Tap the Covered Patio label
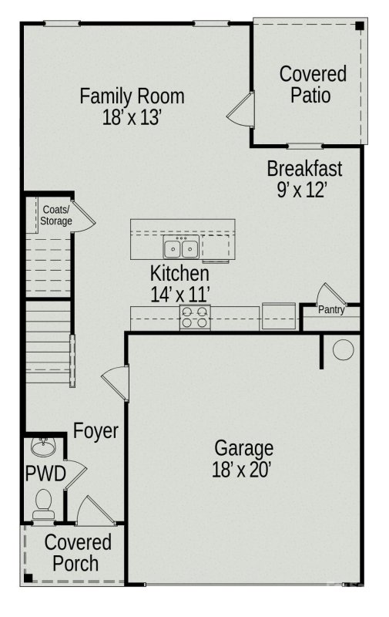312,85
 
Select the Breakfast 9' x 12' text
304,178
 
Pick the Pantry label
332,310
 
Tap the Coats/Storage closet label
56,215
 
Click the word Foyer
96,430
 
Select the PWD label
45,473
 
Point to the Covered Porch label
76,552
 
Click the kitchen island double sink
182,249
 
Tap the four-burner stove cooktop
196,317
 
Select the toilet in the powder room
43,501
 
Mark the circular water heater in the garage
343,350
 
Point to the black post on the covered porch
27,576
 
